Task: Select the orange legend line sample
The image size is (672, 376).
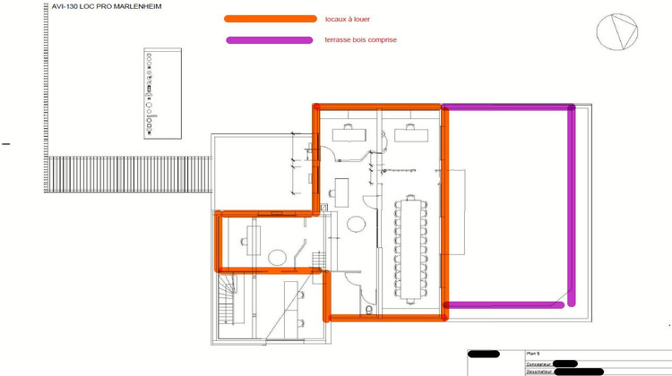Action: tap(270, 19)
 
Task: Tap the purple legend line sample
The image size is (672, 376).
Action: tap(270, 40)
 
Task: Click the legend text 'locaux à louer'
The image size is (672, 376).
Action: tap(347, 19)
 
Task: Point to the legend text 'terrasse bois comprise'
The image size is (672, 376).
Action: tap(360, 40)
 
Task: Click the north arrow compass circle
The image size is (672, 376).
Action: tap(616, 31)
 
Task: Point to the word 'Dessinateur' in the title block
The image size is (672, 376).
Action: tap(540, 372)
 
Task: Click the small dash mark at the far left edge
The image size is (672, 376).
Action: tap(5, 143)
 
